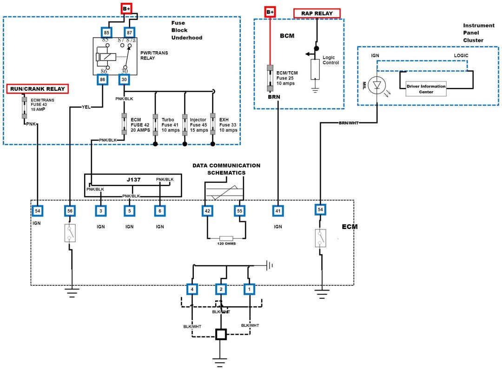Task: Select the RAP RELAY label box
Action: point(317,13)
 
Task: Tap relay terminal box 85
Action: point(106,32)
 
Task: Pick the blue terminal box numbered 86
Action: point(102,80)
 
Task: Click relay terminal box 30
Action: point(124,80)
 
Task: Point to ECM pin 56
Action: point(70,211)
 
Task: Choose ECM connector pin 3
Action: point(100,211)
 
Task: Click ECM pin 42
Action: point(208,211)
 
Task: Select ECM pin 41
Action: point(278,211)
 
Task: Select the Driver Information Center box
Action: point(426,88)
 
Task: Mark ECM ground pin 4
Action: point(192,290)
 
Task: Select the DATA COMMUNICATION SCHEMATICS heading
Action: point(226,169)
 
